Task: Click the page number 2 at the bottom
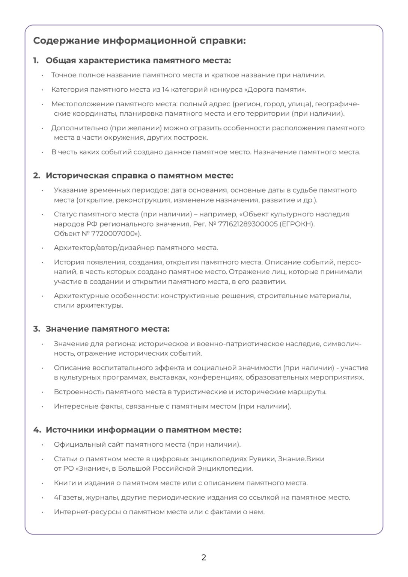(x=204, y=557)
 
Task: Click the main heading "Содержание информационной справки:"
(x=139, y=41)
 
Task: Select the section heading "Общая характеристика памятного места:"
(x=138, y=60)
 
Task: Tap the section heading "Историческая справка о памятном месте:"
(x=139, y=175)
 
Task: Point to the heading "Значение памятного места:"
(x=107, y=329)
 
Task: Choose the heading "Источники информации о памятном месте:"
(x=143, y=430)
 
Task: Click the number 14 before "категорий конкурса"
(x=166, y=89)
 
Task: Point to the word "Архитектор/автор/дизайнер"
(x=104, y=248)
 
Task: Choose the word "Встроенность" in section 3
(x=78, y=392)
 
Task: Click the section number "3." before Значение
(x=36, y=329)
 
